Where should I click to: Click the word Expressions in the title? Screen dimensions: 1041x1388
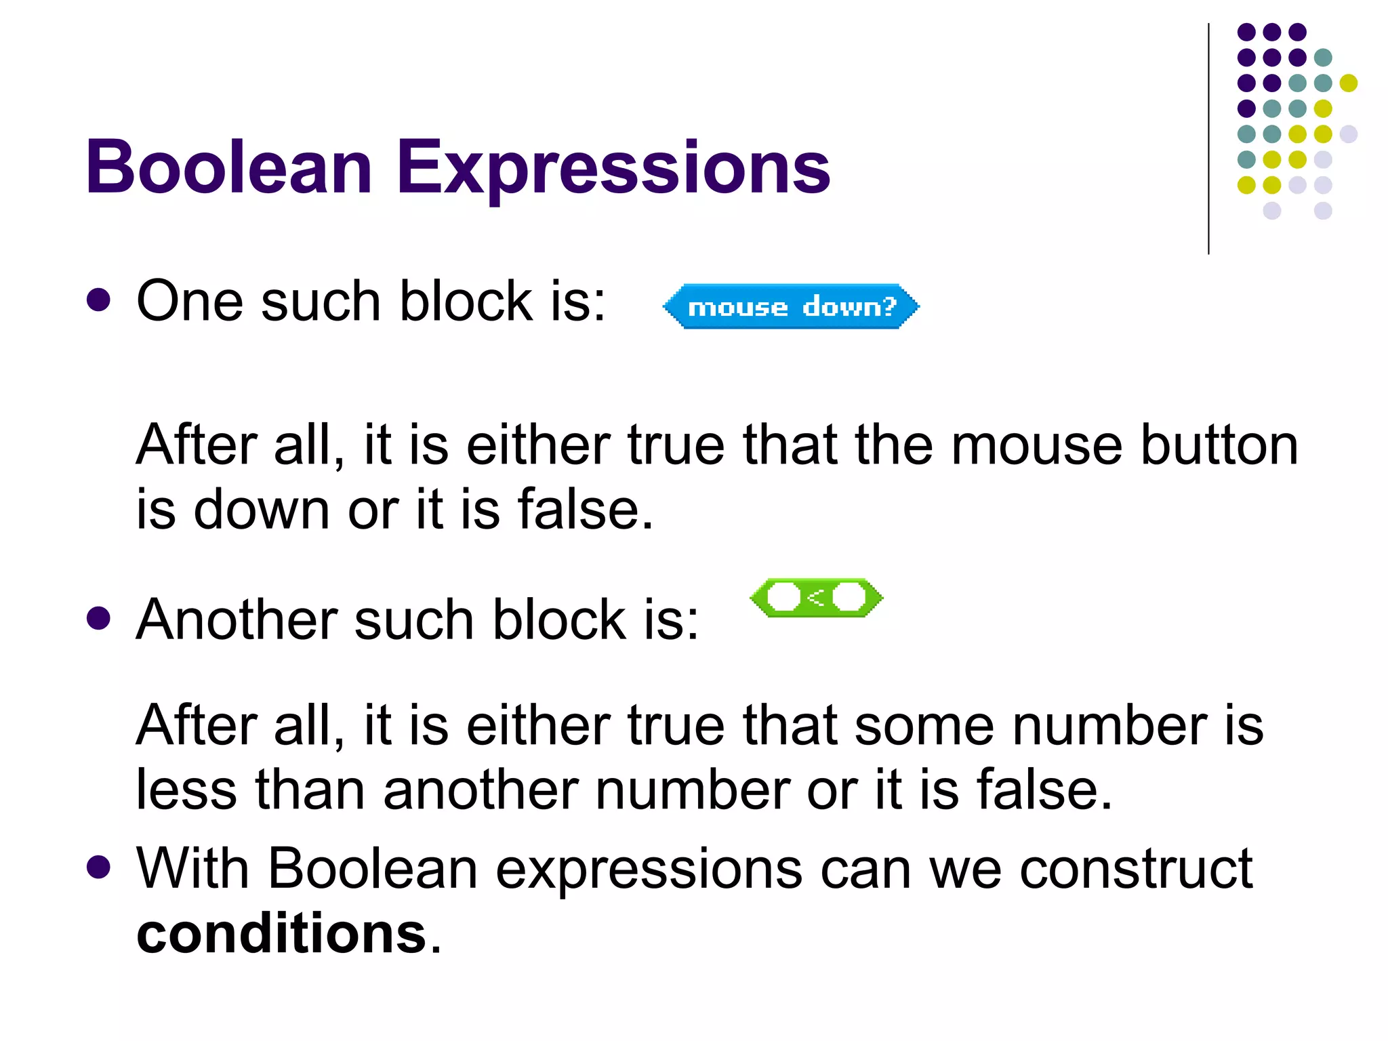coord(613,167)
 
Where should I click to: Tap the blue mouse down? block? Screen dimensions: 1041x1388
coord(791,307)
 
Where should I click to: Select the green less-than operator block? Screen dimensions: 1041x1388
coord(817,598)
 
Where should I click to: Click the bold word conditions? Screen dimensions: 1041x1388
coord(281,933)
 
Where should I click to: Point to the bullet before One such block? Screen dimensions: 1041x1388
coord(99,300)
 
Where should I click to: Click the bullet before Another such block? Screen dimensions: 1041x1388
coord(99,618)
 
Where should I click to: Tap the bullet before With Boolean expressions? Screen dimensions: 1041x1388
coord(99,867)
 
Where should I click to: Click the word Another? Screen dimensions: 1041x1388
coord(237,619)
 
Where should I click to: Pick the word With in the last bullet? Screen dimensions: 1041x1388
coord(193,868)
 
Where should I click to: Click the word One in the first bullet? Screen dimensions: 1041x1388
coord(190,301)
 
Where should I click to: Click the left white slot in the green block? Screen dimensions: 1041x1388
coord(784,598)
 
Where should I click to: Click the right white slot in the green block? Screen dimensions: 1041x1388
coord(849,598)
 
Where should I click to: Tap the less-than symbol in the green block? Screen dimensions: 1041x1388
coord(817,598)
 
